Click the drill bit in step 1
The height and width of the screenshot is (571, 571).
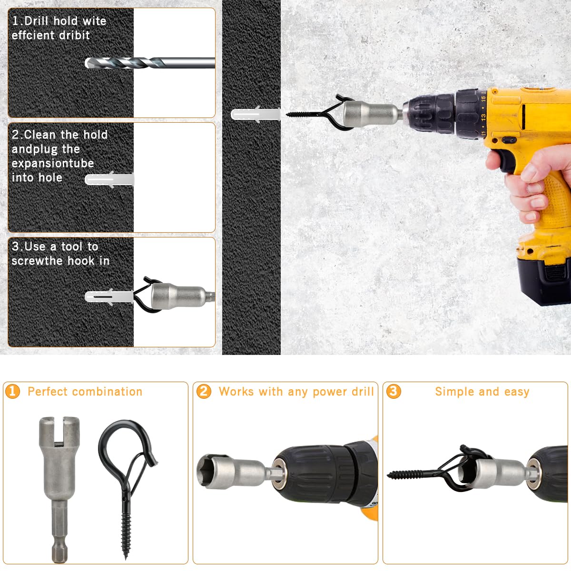tap(149, 63)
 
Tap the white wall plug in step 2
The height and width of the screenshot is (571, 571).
tap(109, 179)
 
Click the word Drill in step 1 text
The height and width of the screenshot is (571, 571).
tap(36, 21)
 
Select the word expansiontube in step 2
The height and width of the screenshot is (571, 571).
tap(53, 163)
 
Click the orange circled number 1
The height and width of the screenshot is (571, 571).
tap(12, 392)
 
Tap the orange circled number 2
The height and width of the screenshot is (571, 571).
tap(204, 392)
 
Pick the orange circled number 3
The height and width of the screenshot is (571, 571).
tap(394, 392)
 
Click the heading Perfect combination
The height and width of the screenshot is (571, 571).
tap(85, 392)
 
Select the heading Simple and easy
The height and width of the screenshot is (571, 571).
tap(482, 392)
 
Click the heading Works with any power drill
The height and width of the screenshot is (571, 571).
tap(296, 392)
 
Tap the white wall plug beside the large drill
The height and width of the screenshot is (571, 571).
tap(256, 114)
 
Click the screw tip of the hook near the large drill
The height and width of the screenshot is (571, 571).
tap(287, 114)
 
